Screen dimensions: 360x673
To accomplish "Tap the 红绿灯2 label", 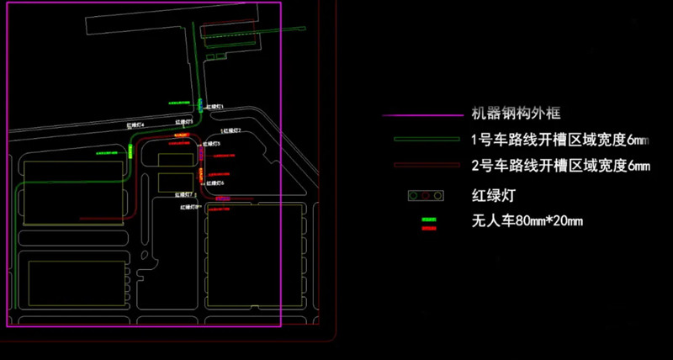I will pyautogui.click(x=231, y=131).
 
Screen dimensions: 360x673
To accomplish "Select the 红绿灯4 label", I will pyautogui.click(x=135, y=124).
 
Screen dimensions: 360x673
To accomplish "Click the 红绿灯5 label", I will pyautogui.click(x=213, y=144).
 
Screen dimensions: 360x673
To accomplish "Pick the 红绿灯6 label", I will pyautogui.click(x=215, y=182).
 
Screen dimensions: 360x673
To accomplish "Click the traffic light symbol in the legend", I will pyautogui.click(x=425, y=196).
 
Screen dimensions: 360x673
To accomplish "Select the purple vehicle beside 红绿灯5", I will pyautogui.click(x=203, y=151).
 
